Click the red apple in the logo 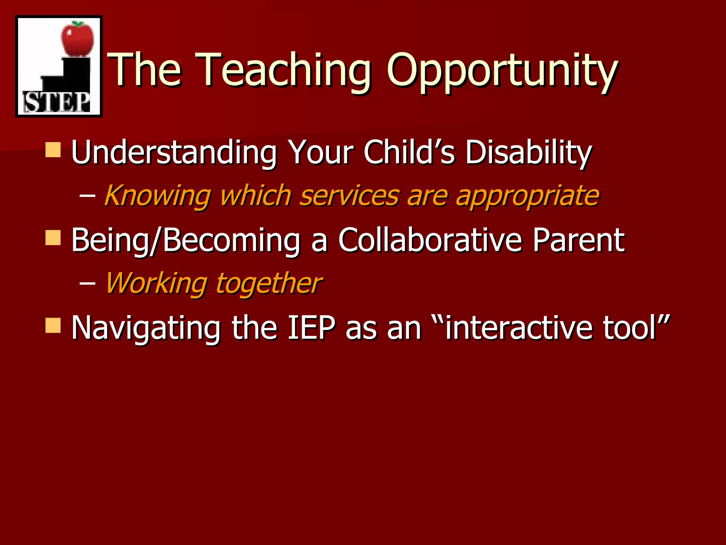click(x=78, y=38)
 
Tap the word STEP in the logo click(x=57, y=103)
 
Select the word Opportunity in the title click(x=502, y=71)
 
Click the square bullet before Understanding click(x=53, y=150)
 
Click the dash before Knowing click(x=87, y=196)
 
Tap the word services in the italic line click(x=349, y=196)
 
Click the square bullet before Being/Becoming click(x=53, y=237)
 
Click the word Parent click(x=579, y=240)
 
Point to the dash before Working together click(x=87, y=283)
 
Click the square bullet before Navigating click(x=53, y=325)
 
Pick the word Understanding click(x=174, y=152)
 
